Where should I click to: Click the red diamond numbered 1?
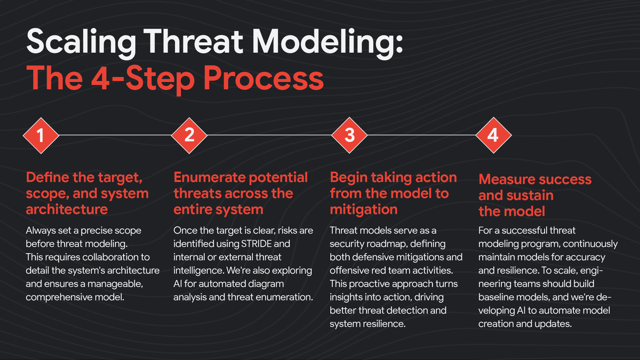pos(40,135)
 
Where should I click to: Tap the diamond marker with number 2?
pos(189,135)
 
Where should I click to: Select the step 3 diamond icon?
pos(349,135)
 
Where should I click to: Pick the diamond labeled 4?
pos(493,135)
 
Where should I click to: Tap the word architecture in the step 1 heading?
pos(67,209)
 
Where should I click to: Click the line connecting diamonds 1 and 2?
pos(114,135)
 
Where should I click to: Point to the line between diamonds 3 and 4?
pos(421,135)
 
